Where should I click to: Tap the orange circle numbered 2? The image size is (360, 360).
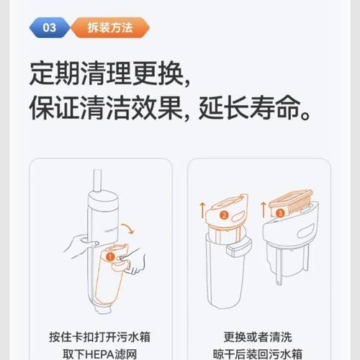[225, 214]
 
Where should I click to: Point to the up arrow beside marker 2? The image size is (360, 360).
[203, 211]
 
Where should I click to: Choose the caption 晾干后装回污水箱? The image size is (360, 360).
[258, 353]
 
